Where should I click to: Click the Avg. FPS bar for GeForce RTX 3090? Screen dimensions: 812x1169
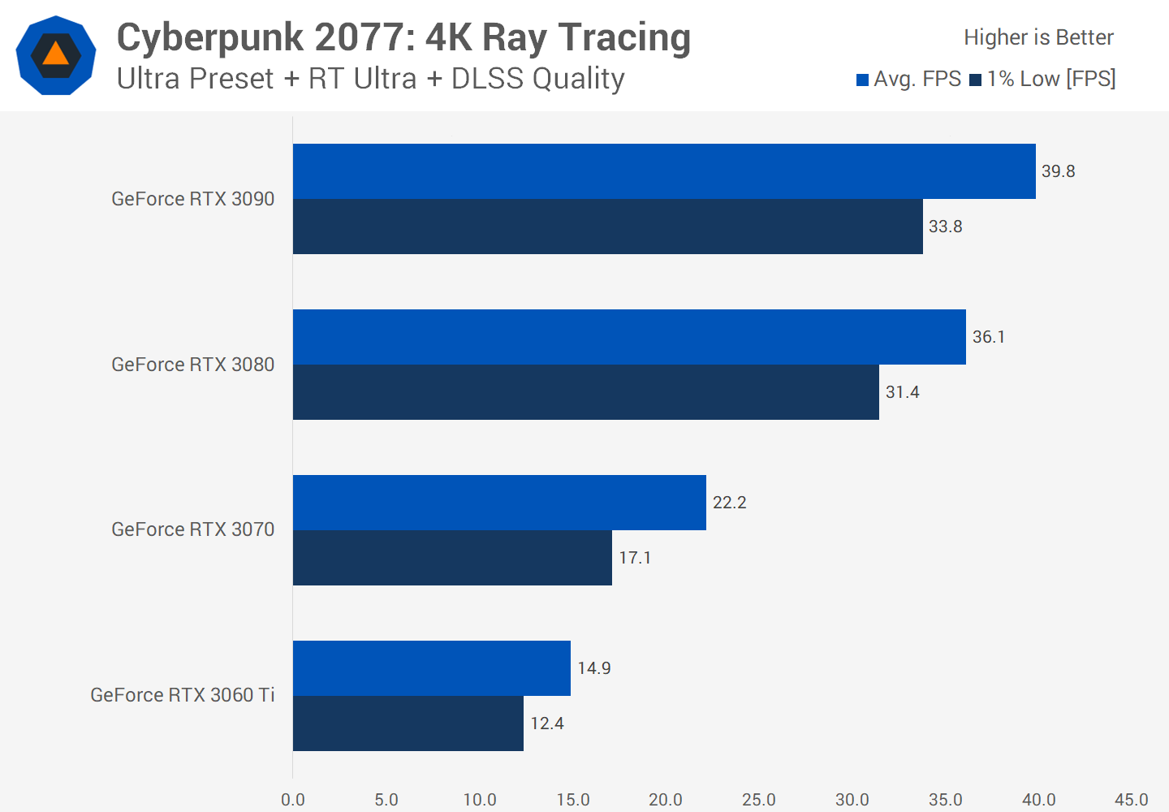664,171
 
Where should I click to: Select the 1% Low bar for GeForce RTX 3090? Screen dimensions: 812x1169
607,227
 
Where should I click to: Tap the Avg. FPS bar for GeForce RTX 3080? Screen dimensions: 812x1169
629,337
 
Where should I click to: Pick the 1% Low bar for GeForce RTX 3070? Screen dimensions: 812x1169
452,558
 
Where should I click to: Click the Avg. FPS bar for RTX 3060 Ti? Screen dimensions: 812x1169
431,668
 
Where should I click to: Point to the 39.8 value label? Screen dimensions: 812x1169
1058,171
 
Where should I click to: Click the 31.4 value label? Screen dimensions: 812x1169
902,392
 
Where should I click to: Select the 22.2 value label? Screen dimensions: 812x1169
729,503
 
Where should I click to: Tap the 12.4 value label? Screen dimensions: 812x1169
546,723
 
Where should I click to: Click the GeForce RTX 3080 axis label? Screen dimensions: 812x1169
192,365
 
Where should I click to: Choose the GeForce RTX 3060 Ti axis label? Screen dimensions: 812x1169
182,695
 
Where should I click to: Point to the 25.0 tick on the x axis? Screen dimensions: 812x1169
759,800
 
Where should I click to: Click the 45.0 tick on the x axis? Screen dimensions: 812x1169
1131,800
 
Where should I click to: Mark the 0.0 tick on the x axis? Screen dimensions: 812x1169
293,800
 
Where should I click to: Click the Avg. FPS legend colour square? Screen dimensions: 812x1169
862,80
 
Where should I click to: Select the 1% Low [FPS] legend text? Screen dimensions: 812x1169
1051,79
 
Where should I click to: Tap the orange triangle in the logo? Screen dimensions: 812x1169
55,54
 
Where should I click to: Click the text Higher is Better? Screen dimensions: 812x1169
1038,37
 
